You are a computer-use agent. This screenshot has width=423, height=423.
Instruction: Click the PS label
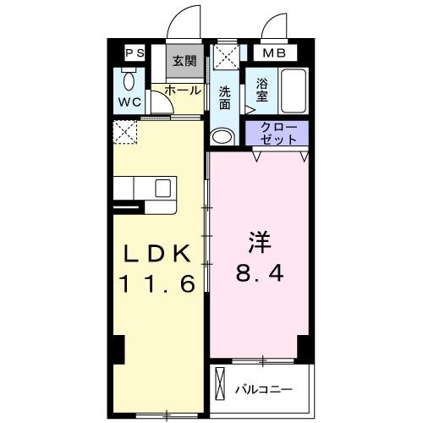click(135, 53)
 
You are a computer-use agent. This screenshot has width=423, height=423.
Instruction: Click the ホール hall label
click(182, 90)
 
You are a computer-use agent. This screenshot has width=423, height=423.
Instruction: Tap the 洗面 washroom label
click(224, 98)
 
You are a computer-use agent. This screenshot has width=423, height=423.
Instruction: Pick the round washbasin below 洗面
click(222, 135)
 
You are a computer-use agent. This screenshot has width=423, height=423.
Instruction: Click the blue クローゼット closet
click(277, 132)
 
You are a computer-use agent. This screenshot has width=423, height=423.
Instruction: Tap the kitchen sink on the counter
click(162, 188)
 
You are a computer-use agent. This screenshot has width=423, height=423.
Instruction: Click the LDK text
click(159, 253)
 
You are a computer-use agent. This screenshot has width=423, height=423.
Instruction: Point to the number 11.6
click(159, 283)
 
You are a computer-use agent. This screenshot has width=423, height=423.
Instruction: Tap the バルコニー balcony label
click(263, 390)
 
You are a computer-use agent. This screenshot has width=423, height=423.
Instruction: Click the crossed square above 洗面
click(224, 58)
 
